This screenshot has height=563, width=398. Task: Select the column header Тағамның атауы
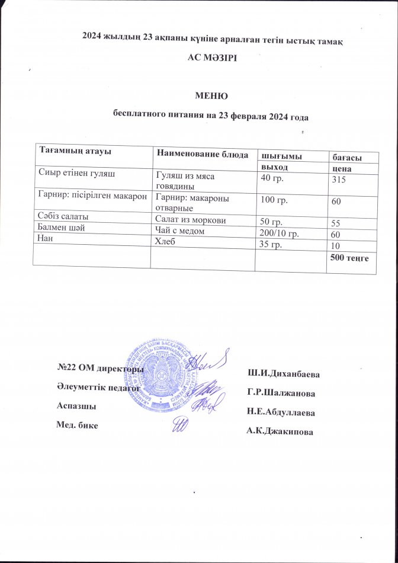pos(68,151)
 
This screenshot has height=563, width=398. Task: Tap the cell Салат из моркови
pos(190,220)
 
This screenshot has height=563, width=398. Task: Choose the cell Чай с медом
pos(181,231)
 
